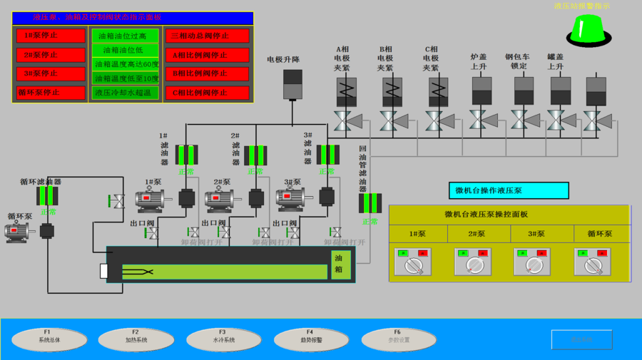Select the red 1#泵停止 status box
point(51,36)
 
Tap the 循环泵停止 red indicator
point(51,92)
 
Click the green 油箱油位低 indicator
point(125,50)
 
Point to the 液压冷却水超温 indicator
point(125,92)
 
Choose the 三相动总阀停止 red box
point(208,36)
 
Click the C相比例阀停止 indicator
point(208,92)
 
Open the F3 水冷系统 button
point(223,339)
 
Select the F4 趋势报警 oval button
point(310,339)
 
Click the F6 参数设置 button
point(398,339)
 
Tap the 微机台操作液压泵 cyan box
point(509,190)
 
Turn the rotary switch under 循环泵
point(592,264)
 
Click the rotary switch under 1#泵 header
point(413,264)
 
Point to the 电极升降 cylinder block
point(293,84)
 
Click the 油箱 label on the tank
point(340,264)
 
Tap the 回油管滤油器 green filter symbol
point(370,203)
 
